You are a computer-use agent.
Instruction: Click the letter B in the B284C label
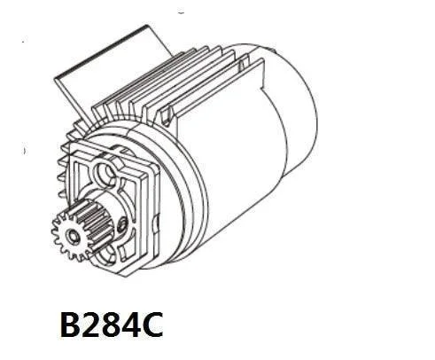pos(71,325)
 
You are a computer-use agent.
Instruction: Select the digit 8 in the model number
pos(113,325)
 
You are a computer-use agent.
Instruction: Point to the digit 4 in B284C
pos(132,325)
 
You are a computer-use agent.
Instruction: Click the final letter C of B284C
pos(152,325)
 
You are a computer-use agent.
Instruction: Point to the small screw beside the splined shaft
pos(122,224)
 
